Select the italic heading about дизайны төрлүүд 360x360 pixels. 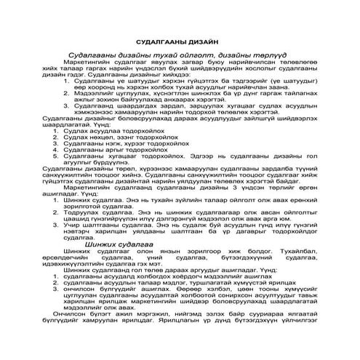[180, 55]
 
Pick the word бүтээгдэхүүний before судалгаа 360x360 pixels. [252, 259]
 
